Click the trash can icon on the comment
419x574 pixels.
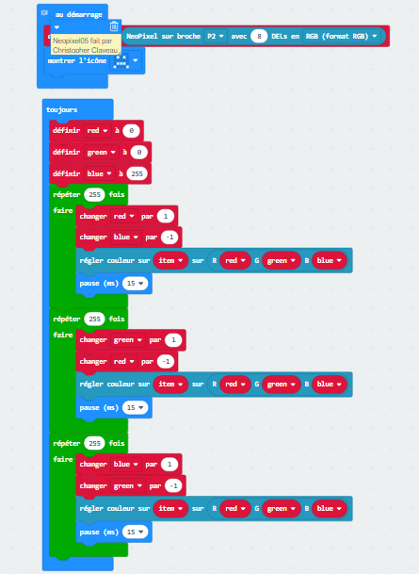114,26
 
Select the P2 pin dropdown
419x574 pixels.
216,36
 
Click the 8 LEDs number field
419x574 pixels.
259,36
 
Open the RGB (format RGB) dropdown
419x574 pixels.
341,36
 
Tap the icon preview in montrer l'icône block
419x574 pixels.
121,60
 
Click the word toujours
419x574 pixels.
62,109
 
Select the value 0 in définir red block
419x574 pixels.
131,131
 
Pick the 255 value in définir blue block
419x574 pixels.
137,173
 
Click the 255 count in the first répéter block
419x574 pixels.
94,195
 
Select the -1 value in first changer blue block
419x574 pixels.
169,238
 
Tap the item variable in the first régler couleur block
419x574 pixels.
170,261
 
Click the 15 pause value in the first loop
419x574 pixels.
135,284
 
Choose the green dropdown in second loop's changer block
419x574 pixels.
127,340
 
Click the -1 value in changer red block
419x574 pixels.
166,362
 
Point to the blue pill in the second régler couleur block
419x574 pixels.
329,385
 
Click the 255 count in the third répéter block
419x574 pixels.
94,443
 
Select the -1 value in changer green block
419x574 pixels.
173,486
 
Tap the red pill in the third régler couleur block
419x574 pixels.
235,508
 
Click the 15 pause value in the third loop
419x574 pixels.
135,532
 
